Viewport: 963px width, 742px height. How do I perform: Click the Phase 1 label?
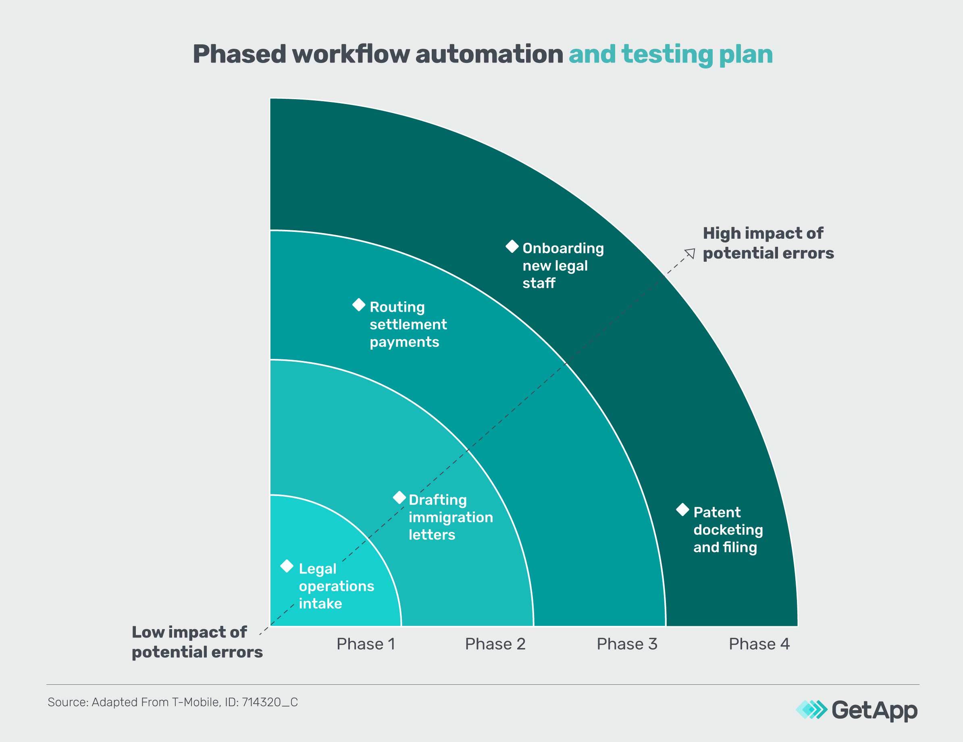(366, 644)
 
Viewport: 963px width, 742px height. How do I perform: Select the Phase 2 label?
(495, 644)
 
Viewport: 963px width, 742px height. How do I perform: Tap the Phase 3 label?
(626, 644)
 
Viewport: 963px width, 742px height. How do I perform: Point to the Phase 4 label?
(759, 644)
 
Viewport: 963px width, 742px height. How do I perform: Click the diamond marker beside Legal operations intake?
(287, 566)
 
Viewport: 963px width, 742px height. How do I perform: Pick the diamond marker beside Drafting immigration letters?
(399, 498)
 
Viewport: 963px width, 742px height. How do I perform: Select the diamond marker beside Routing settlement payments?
(359, 305)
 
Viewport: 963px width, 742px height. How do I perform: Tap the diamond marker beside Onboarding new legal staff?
(512, 247)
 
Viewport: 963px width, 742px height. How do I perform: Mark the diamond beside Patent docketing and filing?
(682, 510)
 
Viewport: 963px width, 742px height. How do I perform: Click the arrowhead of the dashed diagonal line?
(691, 253)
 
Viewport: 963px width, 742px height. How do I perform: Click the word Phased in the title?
(239, 54)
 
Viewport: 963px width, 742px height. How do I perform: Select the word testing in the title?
(667, 54)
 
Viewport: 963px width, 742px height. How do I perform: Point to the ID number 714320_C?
(269, 702)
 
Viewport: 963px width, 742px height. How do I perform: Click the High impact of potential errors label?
(767, 243)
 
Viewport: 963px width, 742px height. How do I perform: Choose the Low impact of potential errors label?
(197, 642)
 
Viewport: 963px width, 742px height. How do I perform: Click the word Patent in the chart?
(717, 512)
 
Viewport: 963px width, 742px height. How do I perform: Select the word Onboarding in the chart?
(563, 248)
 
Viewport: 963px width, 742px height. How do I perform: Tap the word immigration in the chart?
(451, 517)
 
